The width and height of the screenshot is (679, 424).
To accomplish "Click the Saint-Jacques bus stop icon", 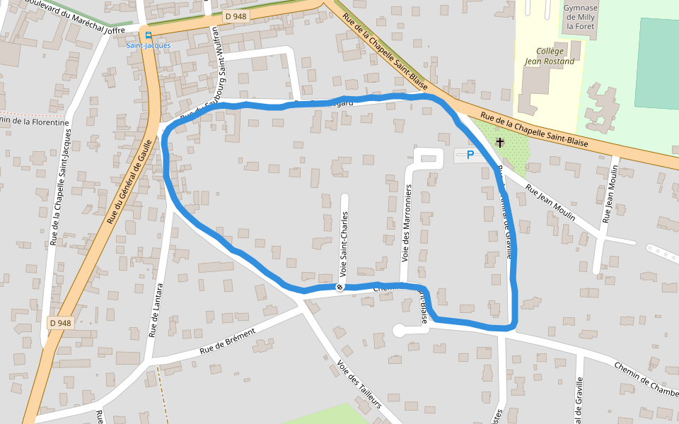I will [x=148, y=35].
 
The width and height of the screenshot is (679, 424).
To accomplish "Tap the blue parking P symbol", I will [x=470, y=155].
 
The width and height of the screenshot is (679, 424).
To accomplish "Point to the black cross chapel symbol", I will [x=501, y=143].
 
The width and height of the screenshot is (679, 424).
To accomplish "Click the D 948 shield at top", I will [x=236, y=16].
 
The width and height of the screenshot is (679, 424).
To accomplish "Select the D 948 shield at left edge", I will [x=61, y=323].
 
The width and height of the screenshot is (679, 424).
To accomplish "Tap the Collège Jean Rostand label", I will [x=550, y=56].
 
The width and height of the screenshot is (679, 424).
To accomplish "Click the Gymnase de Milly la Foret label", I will [x=580, y=17].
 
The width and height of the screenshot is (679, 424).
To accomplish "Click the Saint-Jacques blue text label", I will [x=149, y=45].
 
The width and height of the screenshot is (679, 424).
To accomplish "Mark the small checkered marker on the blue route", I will [x=340, y=287].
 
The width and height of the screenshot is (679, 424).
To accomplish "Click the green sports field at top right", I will [x=658, y=64].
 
